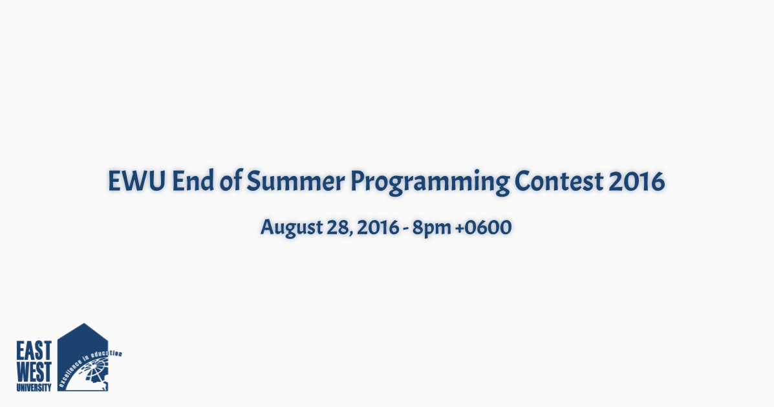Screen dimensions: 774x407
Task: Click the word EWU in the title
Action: pyautogui.click(x=136, y=181)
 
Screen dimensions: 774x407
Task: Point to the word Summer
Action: pyautogui.click(x=296, y=181)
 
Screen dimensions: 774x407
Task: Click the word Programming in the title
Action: pyautogui.click(x=429, y=182)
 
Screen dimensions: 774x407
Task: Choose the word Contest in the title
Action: pyautogui.click(x=559, y=181)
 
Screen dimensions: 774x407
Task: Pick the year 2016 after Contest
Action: pyautogui.click(x=637, y=181)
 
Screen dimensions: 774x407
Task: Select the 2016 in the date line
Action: pyautogui.click(x=378, y=228)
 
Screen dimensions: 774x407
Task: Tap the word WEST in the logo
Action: pyautogui.click(x=34, y=372)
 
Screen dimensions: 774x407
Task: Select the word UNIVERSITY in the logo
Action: pyautogui.click(x=34, y=387)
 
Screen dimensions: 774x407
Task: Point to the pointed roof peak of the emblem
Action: pyautogui.click(x=84, y=324)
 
